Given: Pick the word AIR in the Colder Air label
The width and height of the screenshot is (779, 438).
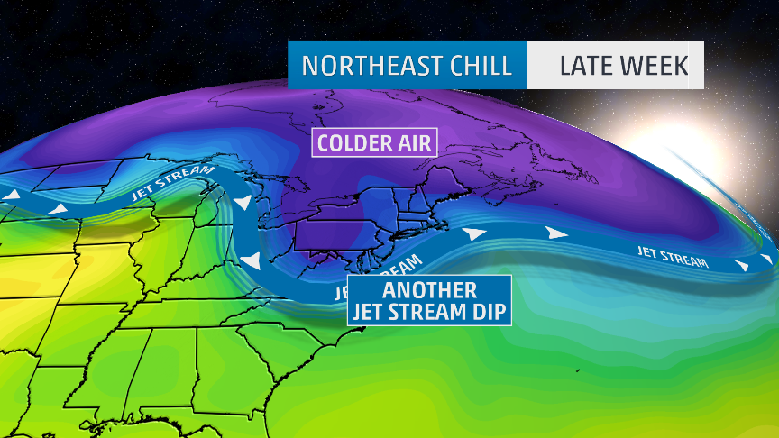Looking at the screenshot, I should click(x=412, y=142).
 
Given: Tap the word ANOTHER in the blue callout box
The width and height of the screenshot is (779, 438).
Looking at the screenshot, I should click(x=429, y=291).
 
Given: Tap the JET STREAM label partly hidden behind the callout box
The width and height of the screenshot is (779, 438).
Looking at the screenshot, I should click(x=388, y=275).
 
